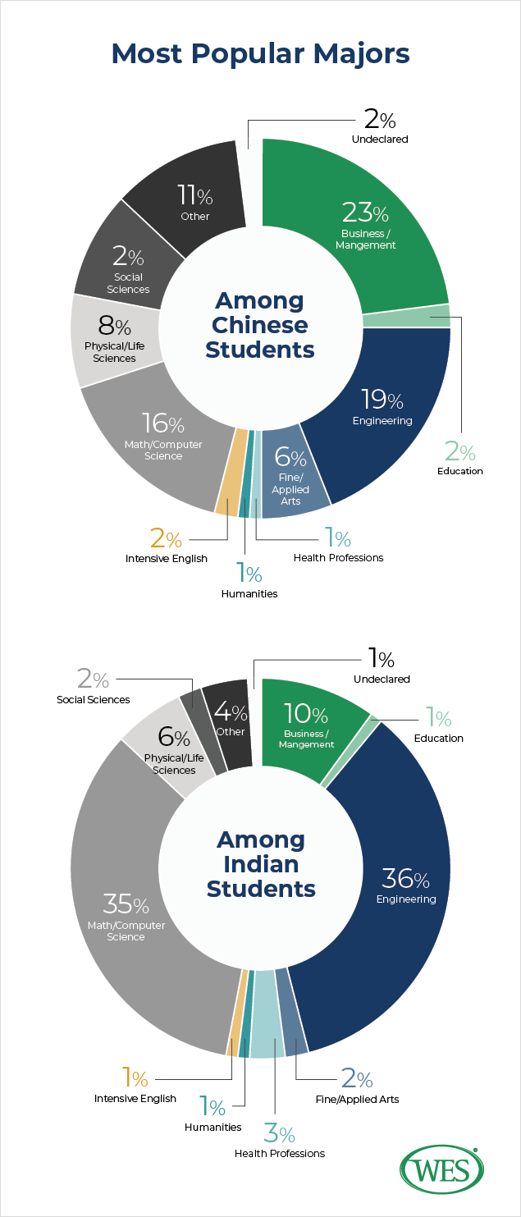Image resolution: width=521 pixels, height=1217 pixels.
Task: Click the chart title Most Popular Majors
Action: coord(260,54)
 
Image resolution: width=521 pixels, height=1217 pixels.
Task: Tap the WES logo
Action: coord(441,1169)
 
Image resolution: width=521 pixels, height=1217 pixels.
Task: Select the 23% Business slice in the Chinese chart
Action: coord(361,222)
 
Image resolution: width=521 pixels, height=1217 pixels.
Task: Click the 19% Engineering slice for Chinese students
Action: coord(382,410)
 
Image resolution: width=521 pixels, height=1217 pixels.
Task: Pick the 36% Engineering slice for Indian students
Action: coord(402,886)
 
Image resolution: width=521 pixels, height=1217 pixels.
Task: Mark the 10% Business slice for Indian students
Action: coord(308,722)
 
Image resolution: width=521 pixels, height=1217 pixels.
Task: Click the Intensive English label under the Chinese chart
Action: coord(167,559)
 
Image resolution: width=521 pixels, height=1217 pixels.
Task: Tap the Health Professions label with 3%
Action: coord(280,1153)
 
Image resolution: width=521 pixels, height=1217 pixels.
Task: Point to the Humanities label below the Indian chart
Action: coord(213,1128)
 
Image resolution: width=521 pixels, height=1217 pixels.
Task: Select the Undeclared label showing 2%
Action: coord(380,140)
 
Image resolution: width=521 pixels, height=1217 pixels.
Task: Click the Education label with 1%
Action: coord(439,738)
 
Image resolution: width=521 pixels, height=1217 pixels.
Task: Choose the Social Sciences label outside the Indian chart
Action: coord(94,699)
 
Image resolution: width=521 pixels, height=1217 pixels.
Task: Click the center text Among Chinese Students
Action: coord(260,325)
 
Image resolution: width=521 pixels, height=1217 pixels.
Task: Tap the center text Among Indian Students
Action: coord(261,864)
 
